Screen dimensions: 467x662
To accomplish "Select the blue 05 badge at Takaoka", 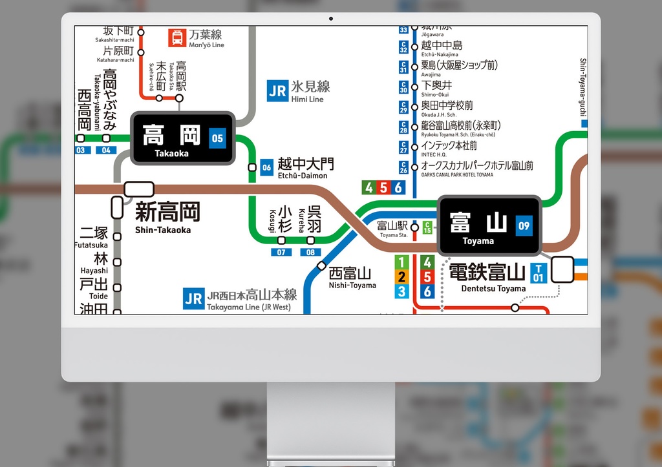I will (x=217, y=138).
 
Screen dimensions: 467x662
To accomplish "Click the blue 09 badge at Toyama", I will (x=524, y=225).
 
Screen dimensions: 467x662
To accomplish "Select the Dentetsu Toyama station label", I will (x=487, y=276).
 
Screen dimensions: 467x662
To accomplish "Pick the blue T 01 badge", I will (x=538, y=273).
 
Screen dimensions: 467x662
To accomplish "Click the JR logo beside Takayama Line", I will (x=193, y=298).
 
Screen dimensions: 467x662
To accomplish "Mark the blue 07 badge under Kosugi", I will (x=281, y=253).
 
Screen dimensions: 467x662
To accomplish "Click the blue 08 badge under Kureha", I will (x=311, y=253).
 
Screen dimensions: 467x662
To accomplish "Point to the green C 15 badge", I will (x=427, y=227).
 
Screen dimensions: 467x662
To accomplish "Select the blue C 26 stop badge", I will (x=404, y=167).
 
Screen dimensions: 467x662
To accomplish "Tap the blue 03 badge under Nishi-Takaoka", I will (x=81, y=150).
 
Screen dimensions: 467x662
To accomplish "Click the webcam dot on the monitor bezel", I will (x=331, y=18).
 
